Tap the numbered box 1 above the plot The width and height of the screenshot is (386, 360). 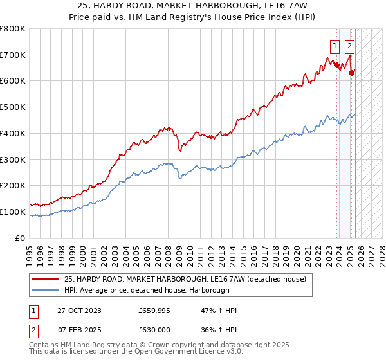(x=336, y=46)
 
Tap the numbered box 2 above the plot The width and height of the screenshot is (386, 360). (x=349, y=46)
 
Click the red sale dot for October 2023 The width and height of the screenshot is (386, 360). (x=336, y=65)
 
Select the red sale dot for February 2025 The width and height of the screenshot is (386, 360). (x=351, y=73)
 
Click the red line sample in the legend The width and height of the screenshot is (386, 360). (x=46, y=278)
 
